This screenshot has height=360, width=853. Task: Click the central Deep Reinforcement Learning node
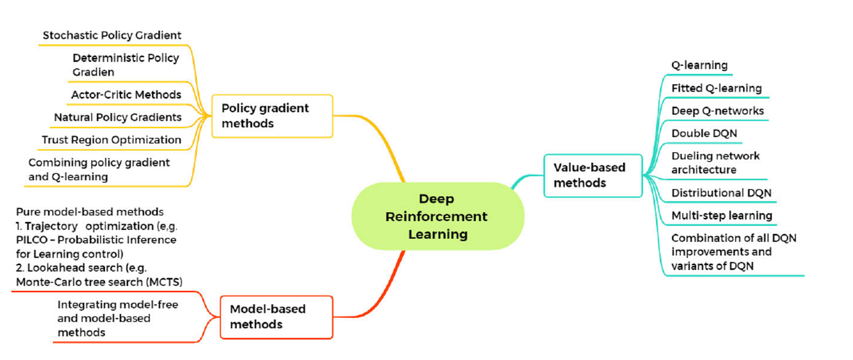click(437, 217)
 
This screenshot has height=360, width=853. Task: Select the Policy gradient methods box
click(272, 116)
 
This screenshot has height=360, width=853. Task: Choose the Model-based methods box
click(276, 317)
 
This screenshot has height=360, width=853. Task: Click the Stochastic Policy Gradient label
click(112, 35)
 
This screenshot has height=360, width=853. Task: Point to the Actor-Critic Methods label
click(126, 94)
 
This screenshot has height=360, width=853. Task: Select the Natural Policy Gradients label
click(117, 117)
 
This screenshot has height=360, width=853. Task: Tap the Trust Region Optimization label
click(111, 139)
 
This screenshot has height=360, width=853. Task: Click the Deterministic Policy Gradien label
click(126, 65)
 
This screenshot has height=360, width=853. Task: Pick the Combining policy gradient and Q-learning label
click(99, 170)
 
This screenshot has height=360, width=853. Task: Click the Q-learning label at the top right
click(699, 65)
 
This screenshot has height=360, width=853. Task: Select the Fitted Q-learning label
click(716, 88)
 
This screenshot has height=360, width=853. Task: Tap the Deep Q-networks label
click(717, 111)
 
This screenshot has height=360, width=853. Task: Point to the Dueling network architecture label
click(715, 163)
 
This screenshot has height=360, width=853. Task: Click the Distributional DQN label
click(721, 193)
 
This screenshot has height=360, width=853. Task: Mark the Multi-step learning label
click(722, 215)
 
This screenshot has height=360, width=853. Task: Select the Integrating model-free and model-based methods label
click(118, 319)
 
